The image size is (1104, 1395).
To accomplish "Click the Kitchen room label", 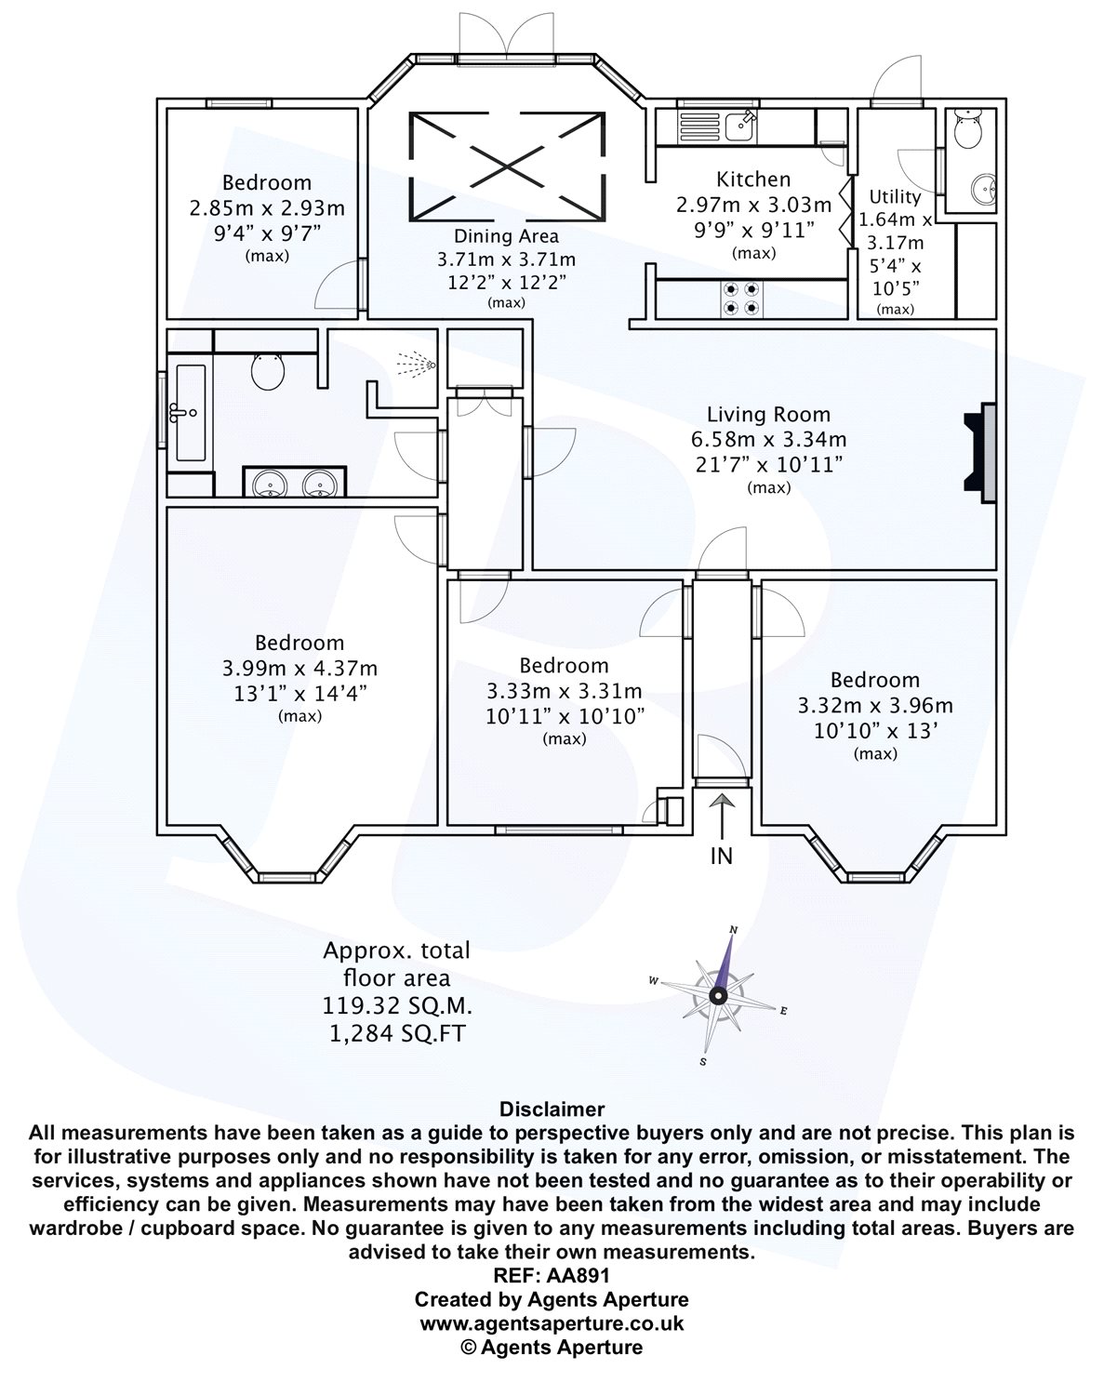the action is click(753, 179).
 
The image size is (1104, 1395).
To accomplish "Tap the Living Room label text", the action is click(768, 415).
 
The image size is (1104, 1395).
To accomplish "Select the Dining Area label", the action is click(506, 236).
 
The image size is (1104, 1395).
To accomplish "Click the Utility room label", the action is click(895, 196).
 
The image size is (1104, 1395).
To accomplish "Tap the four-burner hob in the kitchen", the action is click(740, 297).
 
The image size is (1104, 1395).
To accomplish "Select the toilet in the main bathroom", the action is click(269, 371).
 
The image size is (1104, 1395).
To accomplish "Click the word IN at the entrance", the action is click(722, 855).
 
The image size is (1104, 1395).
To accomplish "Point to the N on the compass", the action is click(733, 930).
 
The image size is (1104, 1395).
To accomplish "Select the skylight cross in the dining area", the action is click(507, 166).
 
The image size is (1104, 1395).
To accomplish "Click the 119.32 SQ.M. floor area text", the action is click(396, 1005).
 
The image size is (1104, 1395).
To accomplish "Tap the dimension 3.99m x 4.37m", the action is click(299, 668).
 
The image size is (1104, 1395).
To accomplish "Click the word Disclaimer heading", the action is click(552, 1109).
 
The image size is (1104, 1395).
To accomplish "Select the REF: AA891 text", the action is click(552, 1277).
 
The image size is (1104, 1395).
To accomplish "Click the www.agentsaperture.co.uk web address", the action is click(552, 1322).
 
